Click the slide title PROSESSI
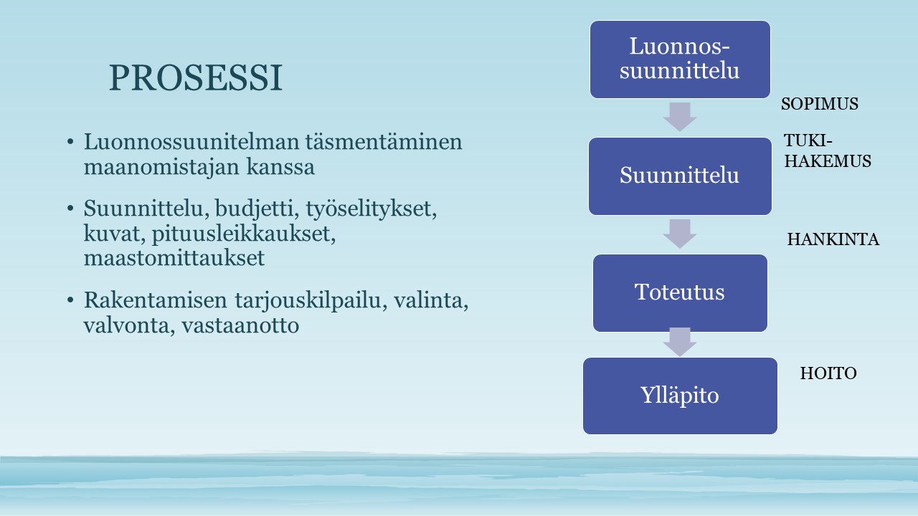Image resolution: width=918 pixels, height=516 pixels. (196, 78)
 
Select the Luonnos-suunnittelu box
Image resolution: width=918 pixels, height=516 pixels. (680, 59)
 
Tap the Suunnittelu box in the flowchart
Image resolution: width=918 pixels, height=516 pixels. (680, 176)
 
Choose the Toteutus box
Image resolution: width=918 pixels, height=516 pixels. (680, 293)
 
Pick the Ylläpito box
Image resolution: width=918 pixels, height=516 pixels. (680, 396)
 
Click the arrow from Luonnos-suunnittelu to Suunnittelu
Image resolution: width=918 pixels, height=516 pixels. (680, 117)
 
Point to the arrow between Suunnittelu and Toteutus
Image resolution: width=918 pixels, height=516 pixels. (680, 234)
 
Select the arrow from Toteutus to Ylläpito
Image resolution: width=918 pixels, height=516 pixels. (680, 342)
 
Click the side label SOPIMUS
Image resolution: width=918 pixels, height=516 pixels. (819, 104)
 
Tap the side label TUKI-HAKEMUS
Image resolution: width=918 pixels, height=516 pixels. (828, 151)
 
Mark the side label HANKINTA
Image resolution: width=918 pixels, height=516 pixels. (833, 239)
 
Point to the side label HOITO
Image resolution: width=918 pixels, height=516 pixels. (828, 373)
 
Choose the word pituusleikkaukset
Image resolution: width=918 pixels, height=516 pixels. (244, 234)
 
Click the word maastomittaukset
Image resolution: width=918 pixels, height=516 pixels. (174, 258)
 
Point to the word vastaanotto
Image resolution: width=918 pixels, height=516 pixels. (240, 326)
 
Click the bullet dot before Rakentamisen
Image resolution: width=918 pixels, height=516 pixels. (70, 300)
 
